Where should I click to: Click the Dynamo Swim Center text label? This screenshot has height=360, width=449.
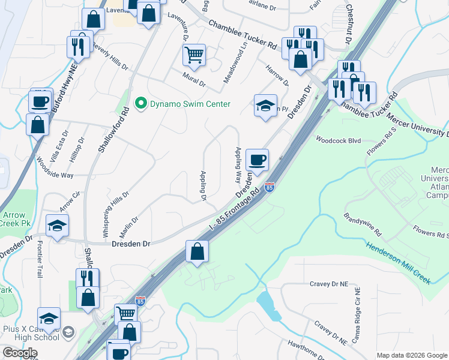(190, 104)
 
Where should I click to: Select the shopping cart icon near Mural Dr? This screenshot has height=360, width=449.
(194, 56)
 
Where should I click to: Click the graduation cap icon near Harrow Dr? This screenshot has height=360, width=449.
(265, 106)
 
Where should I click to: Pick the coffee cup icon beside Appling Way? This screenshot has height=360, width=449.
(257, 160)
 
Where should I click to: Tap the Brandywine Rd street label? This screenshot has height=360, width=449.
(363, 223)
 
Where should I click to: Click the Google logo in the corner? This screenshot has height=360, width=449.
(20, 353)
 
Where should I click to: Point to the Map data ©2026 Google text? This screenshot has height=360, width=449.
(412, 355)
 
